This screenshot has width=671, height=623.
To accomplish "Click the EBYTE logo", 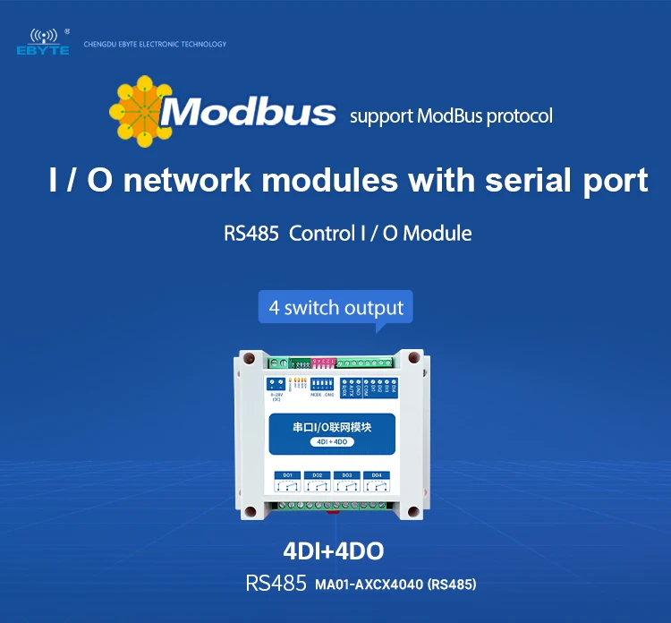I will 41,42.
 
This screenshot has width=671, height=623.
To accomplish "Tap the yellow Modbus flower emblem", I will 140,111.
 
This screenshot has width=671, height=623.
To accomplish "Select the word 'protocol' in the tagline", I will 519,116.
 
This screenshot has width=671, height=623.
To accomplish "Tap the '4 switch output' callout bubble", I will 336,307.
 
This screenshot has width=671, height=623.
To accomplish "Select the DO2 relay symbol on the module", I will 316,483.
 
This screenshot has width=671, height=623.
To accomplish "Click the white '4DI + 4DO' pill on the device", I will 332,442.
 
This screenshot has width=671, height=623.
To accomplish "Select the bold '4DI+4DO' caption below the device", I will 335,549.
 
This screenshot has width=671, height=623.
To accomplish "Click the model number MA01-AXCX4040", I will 369,585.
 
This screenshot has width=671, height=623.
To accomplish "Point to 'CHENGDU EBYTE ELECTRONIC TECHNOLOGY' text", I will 155,44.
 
